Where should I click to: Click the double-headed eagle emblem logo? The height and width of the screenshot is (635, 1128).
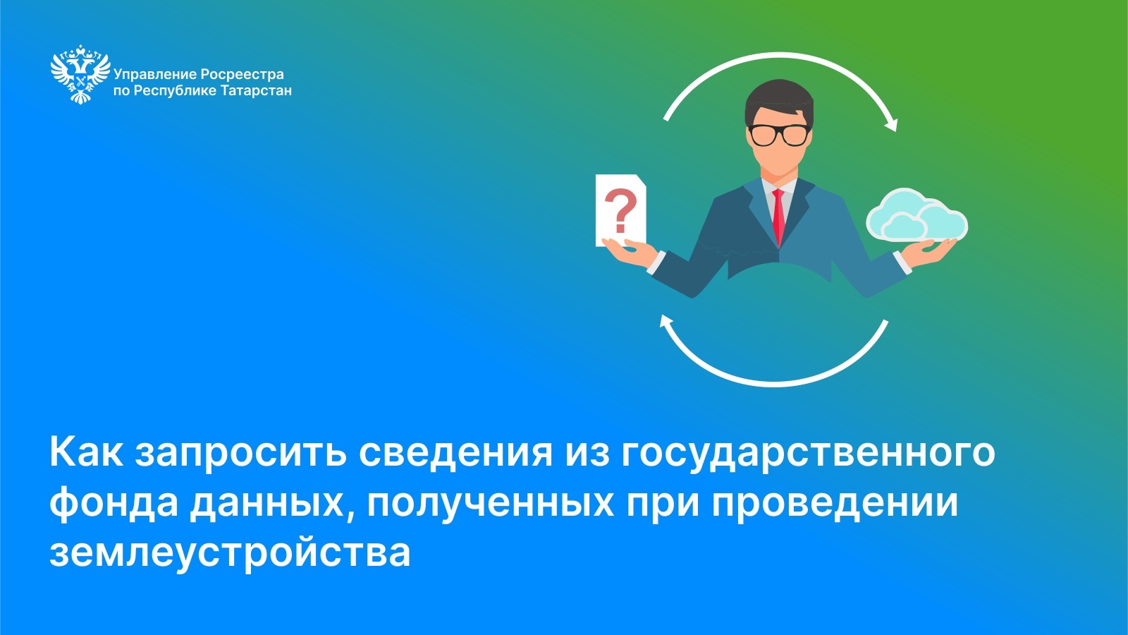80,74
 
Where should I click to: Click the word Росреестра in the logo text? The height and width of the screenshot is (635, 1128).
243,75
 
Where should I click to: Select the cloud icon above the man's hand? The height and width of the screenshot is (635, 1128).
916,214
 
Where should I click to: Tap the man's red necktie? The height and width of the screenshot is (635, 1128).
778,217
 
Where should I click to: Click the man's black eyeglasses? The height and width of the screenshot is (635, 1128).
780,135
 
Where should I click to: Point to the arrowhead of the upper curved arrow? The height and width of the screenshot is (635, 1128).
892,123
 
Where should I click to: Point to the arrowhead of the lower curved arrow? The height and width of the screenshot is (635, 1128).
667,322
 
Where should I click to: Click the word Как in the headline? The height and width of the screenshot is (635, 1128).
85,452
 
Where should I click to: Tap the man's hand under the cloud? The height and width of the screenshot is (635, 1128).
929,250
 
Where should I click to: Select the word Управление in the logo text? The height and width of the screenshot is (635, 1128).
154,75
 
